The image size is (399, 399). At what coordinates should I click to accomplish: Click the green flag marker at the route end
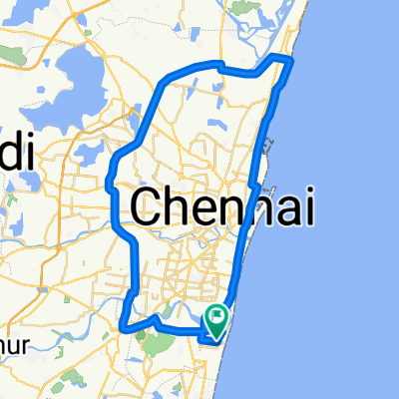tap(216, 317)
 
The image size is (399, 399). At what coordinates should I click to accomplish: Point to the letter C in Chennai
tap(149, 207)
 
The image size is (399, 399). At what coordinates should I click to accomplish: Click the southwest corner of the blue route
tap(123, 325)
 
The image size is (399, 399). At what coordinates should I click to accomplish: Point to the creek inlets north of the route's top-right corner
tap(274, 40)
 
